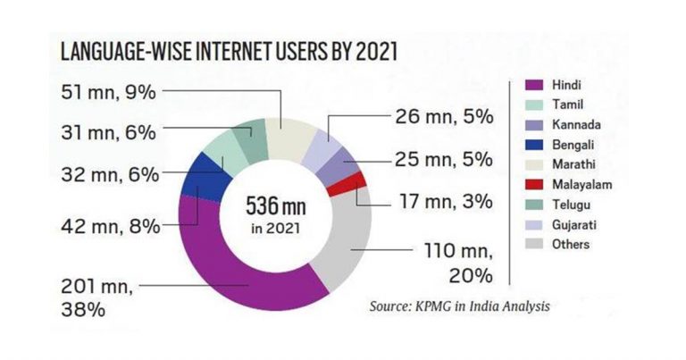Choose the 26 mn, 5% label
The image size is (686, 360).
coord(444,116)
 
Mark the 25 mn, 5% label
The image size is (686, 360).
coord(444,160)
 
